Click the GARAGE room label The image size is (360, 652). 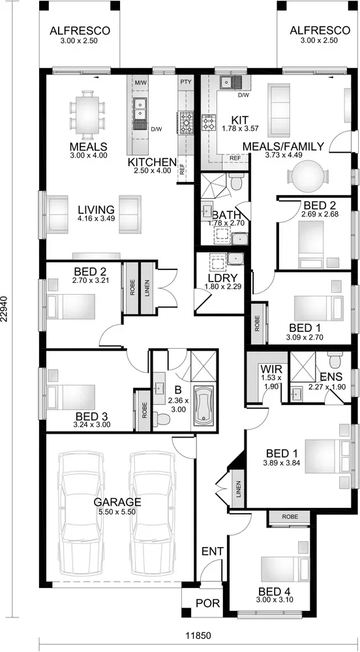click(117, 501)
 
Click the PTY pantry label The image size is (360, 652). click(186, 81)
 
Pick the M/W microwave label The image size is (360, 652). click(141, 82)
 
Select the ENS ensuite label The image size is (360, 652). click(331, 377)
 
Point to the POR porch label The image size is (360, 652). click(208, 603)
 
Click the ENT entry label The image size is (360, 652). click(213, 552)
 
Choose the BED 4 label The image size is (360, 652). click(275, 591)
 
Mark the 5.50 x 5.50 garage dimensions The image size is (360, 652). click(117, 512)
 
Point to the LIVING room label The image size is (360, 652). click(96, 209)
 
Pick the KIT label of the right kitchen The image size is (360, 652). click(240, 121)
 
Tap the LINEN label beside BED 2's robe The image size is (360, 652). click(147, 288)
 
